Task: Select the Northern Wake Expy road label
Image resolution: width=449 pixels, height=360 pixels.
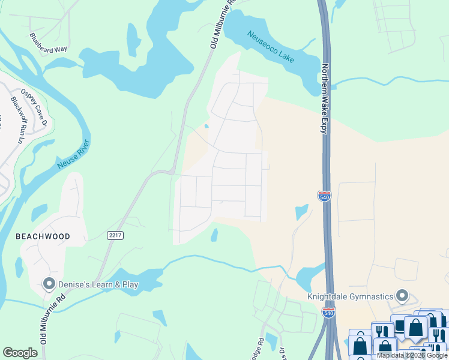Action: (325, 98)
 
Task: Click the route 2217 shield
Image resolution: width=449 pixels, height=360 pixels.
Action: (116, 236)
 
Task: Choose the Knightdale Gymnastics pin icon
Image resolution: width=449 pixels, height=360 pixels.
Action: (403, 296)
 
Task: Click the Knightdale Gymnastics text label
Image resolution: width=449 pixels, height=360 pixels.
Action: (351, 296)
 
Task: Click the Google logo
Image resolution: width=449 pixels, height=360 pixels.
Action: (20, 352)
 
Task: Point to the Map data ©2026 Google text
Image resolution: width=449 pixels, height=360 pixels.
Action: (412, 355)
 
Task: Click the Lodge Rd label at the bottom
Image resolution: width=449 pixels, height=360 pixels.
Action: (261, 349)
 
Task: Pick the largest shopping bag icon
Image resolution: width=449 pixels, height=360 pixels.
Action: (416, 327)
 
